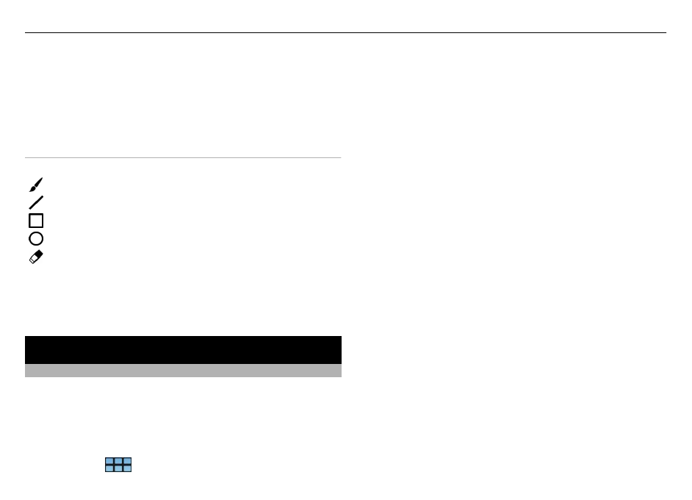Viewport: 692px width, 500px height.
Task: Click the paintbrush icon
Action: (36, 185)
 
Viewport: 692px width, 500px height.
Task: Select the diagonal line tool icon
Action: (36, 202)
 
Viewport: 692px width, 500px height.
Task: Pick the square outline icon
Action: (36, 221)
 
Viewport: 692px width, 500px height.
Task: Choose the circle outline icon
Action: (36, 238)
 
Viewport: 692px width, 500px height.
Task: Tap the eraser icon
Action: (36, 257)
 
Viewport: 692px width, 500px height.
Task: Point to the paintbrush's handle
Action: (40, 181)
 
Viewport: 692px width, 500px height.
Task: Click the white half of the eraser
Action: (33, 260)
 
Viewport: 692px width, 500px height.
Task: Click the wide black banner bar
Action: (183, 349)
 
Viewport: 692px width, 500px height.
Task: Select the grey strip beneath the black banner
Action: (183, 371)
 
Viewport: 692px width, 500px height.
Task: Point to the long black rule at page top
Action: (345, 32)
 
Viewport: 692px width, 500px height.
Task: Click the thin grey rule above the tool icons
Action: (183, 157)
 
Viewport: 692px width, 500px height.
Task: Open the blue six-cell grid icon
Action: (118, 465)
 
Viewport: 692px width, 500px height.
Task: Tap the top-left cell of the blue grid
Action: (109, 461)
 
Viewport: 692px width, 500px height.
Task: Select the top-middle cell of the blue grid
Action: (118, 461)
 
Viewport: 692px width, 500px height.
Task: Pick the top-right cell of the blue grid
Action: (127, 461)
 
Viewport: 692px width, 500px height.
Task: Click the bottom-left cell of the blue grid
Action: (109, 468)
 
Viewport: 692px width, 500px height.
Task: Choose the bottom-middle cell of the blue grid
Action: (118, 468)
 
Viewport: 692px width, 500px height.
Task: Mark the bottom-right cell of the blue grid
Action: (127, 468)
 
